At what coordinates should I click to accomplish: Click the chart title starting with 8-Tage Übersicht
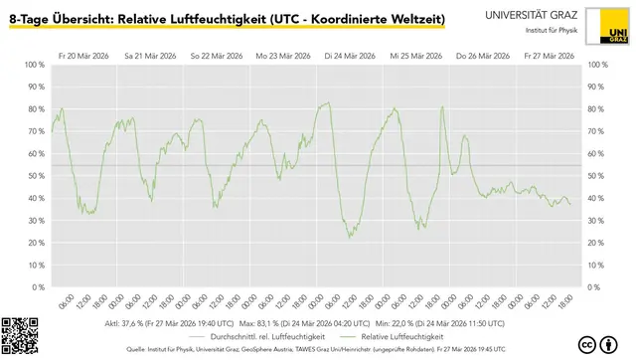(x=227, y=20)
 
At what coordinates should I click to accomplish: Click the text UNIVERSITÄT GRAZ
(x=535, y=15)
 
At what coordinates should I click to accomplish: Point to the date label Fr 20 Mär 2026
(x=83, y=56)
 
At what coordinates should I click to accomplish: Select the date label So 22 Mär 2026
(x=216, y=56)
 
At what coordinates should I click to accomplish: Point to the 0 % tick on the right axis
(x=596, y=286)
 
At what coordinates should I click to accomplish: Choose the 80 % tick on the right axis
(x=598, y=109)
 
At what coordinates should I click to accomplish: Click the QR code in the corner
(x=20, y=336)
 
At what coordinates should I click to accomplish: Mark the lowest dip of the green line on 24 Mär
(x=350, y=237)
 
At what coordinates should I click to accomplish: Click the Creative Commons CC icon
(x=586, y=344)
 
